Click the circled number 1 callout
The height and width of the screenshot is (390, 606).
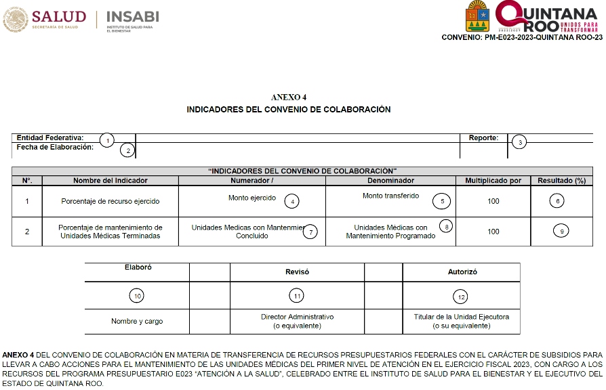coord(106,140)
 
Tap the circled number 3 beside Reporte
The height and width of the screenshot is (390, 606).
coord(519,142)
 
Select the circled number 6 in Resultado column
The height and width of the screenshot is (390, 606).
coord(557,201)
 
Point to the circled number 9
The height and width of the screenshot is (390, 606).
coord(561,231)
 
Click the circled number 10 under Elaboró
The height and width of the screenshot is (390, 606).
coord(137,296)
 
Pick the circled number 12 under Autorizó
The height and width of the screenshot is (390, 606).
coord(462,296)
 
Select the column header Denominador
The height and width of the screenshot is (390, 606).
coord(390,181)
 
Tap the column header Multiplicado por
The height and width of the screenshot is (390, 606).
coord(493,181)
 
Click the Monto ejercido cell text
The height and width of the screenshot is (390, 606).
coord(252,198)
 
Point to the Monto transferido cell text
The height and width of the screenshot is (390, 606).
coord(390,196)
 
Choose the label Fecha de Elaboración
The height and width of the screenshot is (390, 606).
coord(55,147)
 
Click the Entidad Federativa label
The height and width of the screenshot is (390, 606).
coord(50,137)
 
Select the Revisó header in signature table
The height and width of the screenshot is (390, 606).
coord(297,272)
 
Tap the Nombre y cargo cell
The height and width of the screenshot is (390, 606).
coord(137,321)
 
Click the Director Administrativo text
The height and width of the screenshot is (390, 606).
coord(297,317)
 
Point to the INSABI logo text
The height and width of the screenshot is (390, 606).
coord(132,16)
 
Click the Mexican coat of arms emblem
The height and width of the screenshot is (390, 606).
coord(14,19)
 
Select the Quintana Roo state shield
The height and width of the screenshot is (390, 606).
coord(477,16)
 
